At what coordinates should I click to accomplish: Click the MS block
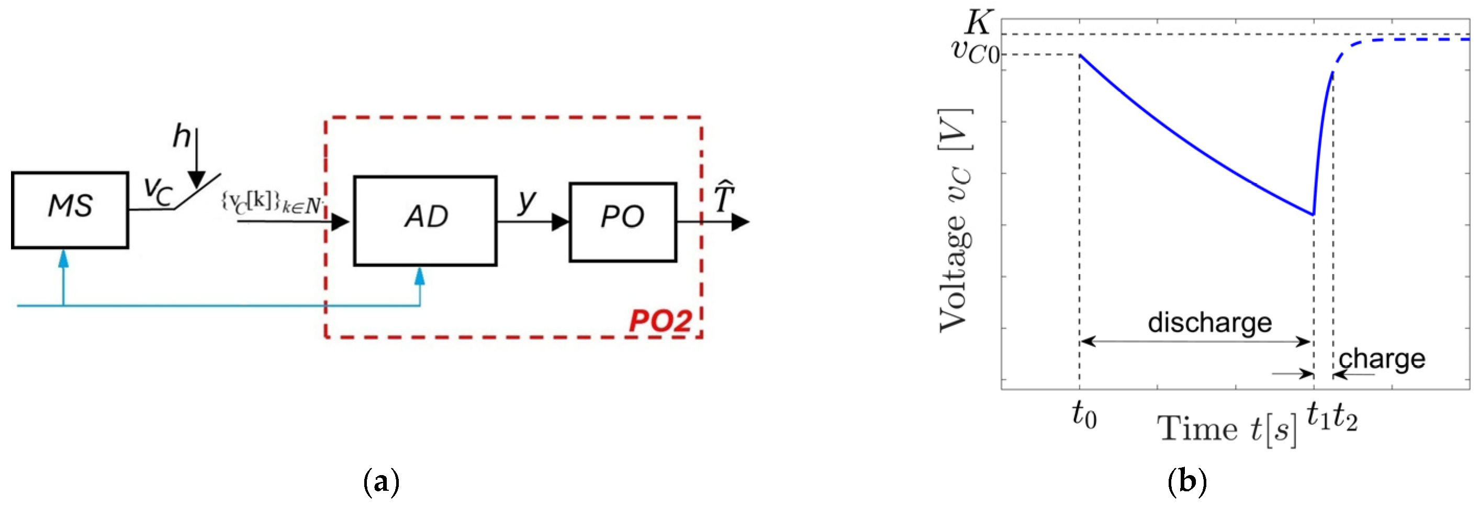[x=70, y=210]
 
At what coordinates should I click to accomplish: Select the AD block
[x=425, y=220]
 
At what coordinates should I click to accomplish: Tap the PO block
[x=622, y=222]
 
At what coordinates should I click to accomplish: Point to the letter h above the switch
[x=182, y=137]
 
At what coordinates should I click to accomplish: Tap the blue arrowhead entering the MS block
[x=63, y=259]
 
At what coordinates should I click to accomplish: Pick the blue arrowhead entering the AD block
[x=420, y=276]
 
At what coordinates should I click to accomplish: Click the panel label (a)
[x=381, y=483]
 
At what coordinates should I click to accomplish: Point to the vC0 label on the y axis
[x=975, y=52]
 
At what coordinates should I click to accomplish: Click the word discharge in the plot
[x=1209, y=323]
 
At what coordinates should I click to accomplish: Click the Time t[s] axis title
[x=1227, y=430]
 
